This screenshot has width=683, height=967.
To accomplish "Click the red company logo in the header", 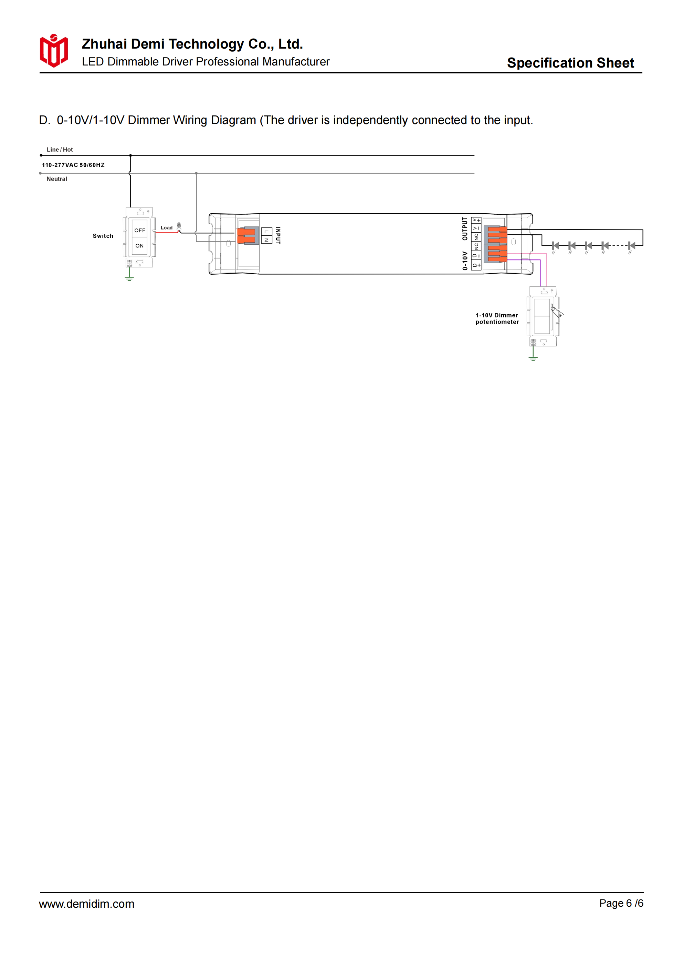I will (53, 51).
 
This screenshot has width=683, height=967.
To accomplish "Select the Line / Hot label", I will (60, 150).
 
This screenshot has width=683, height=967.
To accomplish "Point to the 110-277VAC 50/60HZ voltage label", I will (73, 165).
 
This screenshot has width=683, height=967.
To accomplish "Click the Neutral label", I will (57, 179).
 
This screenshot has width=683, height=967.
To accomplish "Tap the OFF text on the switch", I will (140, 231).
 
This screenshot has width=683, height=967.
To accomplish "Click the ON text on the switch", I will (139, 246).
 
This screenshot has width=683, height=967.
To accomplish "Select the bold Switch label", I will (103, 236).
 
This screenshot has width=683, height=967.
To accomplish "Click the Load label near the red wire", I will (167, 228).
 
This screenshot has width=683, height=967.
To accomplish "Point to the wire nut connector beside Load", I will (179, 226).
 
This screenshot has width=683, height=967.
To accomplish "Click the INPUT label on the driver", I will (278, 235).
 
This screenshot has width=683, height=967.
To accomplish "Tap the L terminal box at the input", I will (266, 232).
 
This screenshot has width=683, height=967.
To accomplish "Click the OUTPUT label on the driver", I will (465, 229).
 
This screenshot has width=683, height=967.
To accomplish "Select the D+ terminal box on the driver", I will (476, 265).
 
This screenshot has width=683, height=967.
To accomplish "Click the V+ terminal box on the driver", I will (476, 220).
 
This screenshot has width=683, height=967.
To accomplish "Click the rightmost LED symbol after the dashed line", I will (631, 245).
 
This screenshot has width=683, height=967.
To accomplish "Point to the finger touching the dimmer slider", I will (558, 312).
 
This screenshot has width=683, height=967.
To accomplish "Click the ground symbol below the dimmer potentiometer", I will (533, 358).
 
